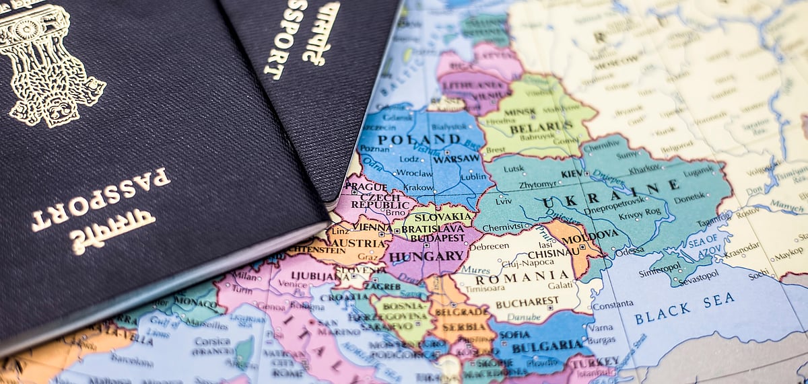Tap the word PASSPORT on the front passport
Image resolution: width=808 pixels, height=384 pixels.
(x=101, y=200)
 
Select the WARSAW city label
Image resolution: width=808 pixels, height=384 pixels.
(x=457, y=159)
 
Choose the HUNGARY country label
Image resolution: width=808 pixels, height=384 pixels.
(x=427, y=256)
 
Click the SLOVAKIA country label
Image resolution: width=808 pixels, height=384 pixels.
(x=444, y=217)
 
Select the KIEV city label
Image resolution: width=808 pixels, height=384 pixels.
(x=572, y=173)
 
